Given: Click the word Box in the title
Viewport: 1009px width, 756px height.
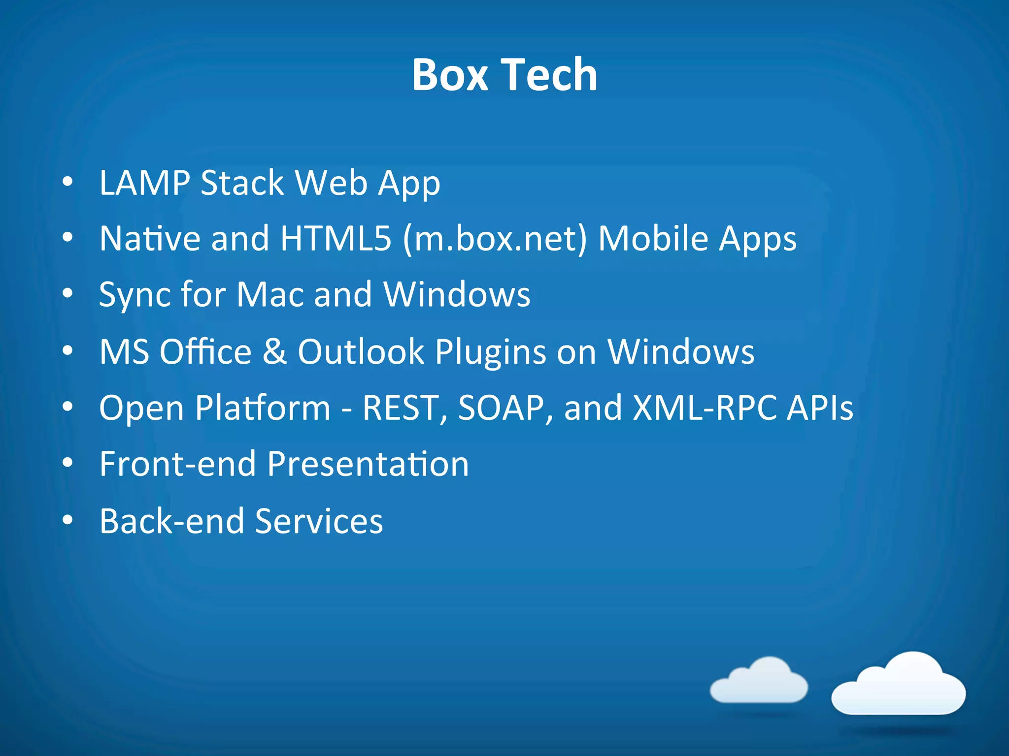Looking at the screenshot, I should tap(450, 75).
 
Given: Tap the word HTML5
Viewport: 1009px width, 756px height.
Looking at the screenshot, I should tap(336, 239).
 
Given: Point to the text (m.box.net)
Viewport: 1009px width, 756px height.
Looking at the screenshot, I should tap(495, 240).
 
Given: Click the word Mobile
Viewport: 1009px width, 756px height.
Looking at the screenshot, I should tap(652, 239).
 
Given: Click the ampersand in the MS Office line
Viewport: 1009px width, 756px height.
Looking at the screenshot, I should tap(274, 351).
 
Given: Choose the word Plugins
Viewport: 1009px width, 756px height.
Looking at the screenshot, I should tap(490, 352).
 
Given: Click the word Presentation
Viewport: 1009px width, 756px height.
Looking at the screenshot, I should tap(368, 464).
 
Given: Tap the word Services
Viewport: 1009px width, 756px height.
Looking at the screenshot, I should tap(319, 521).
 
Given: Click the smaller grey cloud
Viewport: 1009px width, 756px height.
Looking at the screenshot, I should tap(759, 681).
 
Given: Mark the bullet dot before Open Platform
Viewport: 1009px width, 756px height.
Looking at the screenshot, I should tap(68, 407).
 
